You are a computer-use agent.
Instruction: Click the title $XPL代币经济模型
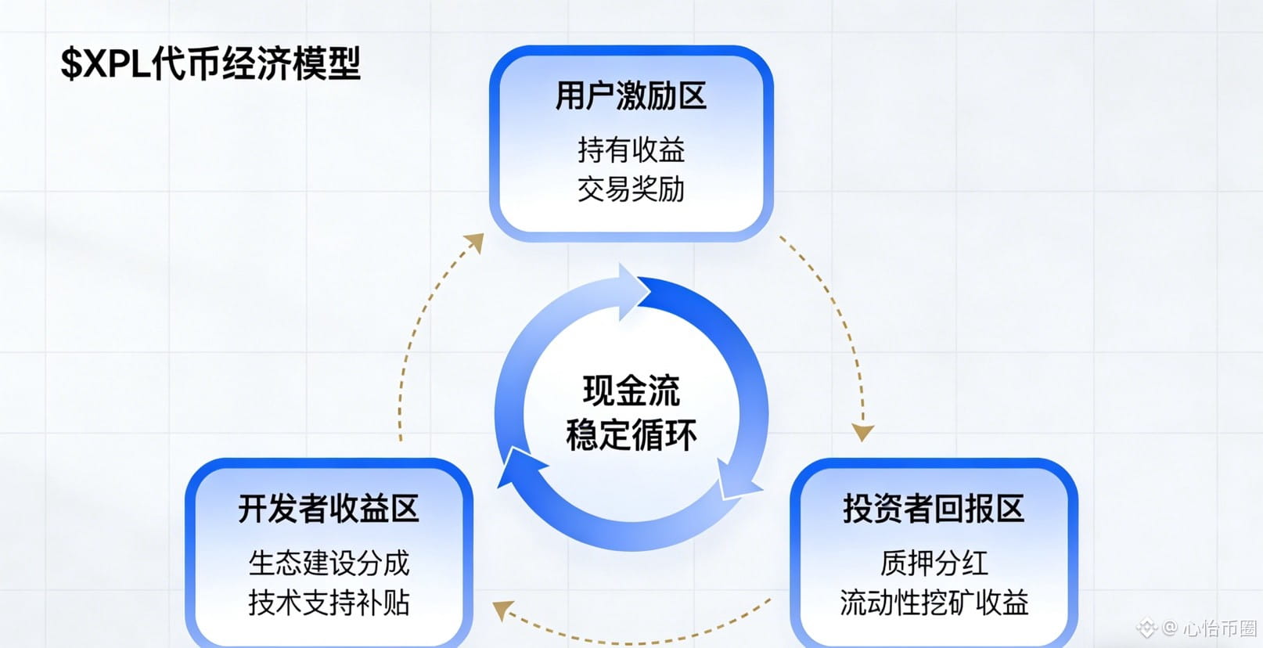pos(210,63)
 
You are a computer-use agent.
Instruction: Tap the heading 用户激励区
pos(631,96)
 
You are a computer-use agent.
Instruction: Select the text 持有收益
pos(631,149)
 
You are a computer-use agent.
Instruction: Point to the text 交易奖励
pos(631,189)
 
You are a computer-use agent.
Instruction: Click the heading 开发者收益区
pos(329,509)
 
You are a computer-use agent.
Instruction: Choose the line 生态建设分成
pos(329,563)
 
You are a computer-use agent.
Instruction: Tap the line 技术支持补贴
pos(329,603)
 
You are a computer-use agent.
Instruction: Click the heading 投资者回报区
pos(933,509)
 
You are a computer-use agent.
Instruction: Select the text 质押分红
pos(934,563)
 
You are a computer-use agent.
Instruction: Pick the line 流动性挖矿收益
pos(934,603)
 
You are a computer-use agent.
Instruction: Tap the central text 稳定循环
pos(631,435)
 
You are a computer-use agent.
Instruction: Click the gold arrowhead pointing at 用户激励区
pos(474,242)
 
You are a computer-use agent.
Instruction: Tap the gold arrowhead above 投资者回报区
pos(862,432)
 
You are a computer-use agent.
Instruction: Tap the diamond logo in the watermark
pos(1147,628)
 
